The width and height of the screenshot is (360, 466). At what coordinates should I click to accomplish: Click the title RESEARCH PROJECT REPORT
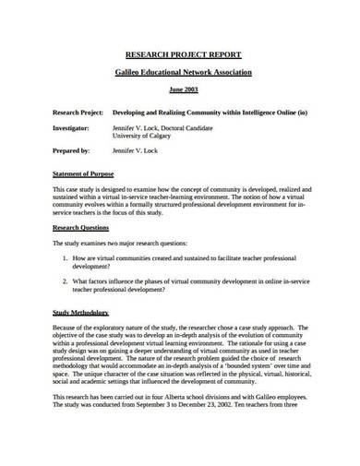(180, 54)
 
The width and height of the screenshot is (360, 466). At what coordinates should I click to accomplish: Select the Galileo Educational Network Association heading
(180, 71)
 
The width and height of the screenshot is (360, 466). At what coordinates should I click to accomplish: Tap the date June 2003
(180, 90)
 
